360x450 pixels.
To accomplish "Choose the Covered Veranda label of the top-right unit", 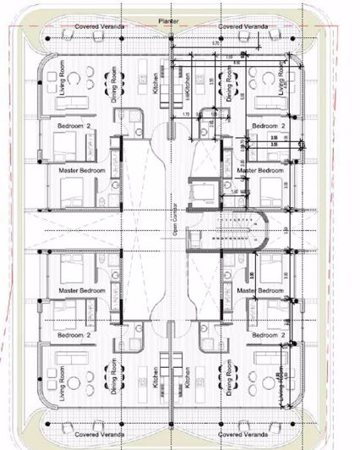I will (243, 27).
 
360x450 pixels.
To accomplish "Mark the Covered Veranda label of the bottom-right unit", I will (243, 434).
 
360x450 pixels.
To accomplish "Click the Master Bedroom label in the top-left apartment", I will (82, 171).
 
